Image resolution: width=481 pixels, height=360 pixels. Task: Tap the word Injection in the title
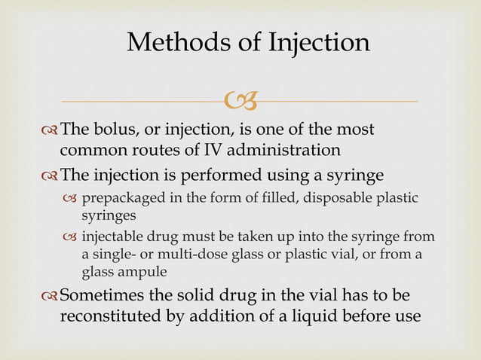(x=317, y=42)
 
